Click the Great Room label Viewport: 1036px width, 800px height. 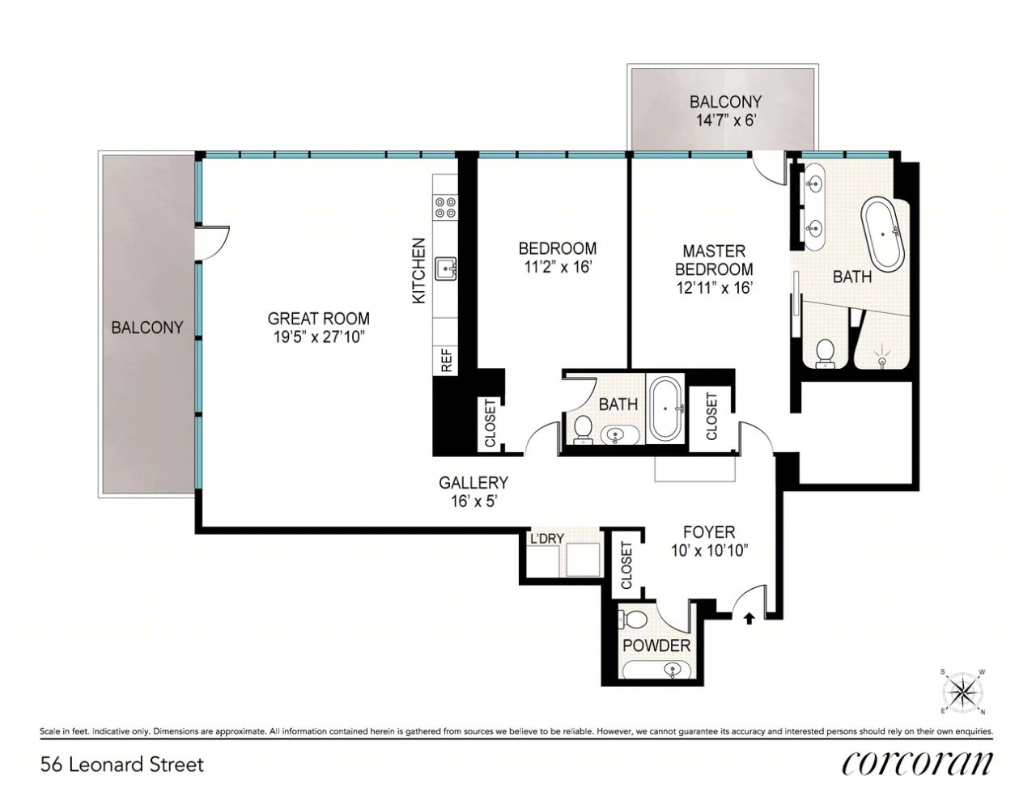pyautogui.click(x=318, y=318)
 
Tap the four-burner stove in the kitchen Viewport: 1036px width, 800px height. pyautogui.click(x=445, y=208)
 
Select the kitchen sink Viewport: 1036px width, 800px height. pyautogui.click(x=446, y=269)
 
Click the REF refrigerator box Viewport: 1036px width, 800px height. pyautogui.click(x=445, y=360)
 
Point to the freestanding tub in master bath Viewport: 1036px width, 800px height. pyautogui.click(x=883, y=236)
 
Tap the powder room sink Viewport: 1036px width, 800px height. pyautogui.click(x=673, y=670)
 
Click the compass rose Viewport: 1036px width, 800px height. pyautogui.click(x=962, y=692)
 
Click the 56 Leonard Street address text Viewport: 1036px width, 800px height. pyautogui.click(x=122, y=764)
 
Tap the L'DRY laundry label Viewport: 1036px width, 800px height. pyautogui.click(x=547, y=539)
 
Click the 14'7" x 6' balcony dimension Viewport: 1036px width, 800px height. pyautogui.click(x=726, y=120)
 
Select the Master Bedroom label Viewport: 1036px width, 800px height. pyautogui.click(x=714, y=260)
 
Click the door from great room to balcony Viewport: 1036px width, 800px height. pyautogui.click(x=213, y=243)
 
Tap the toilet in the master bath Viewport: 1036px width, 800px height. pyautogui.click(x=824, y=353)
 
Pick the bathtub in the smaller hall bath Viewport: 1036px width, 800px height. pyautogui.click(x=665, y=408)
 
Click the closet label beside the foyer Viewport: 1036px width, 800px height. pyautogui.click(x=626, y=565)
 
